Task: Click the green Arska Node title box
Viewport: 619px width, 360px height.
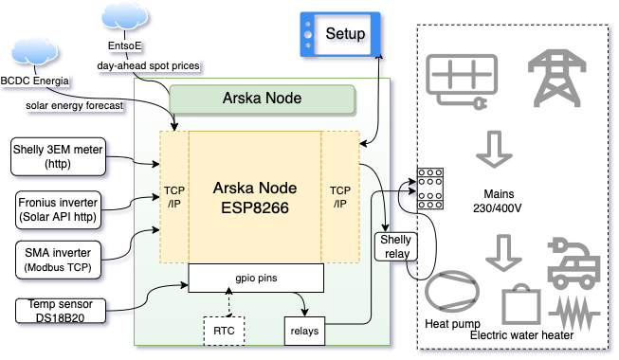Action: point(262,98)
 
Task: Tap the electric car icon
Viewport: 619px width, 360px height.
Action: point(574,262)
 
